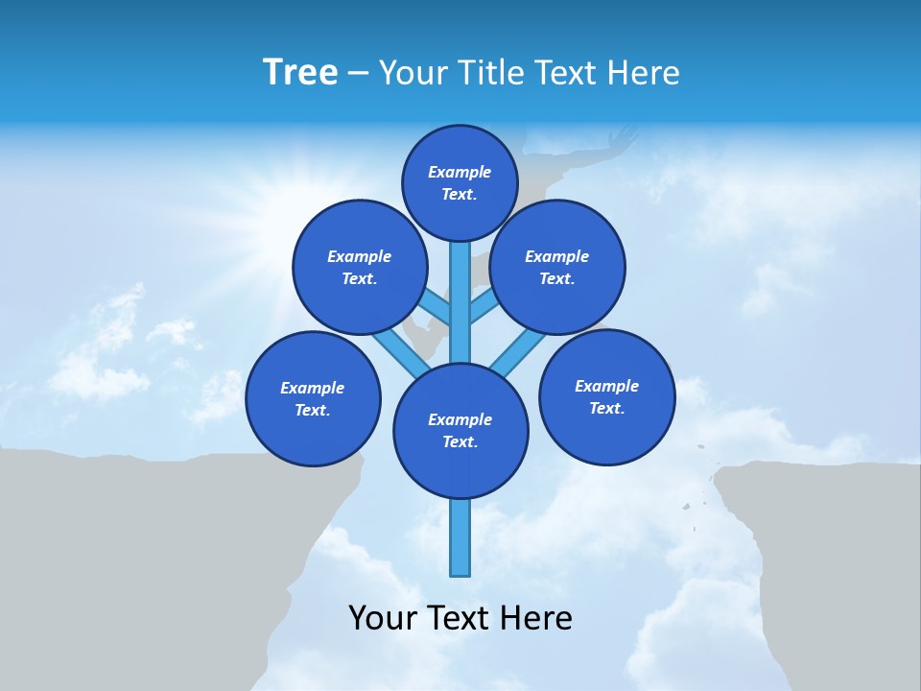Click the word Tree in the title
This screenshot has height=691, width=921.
pos(300,73)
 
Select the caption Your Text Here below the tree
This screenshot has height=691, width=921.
pos(460,618)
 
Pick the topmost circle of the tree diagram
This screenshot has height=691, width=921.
pos(460,182)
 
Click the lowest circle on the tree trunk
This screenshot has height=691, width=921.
pos(460,431)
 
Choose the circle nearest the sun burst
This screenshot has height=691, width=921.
pos(359,267)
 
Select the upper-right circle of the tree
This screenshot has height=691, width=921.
pos(557,267)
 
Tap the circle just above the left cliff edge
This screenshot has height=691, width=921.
pos(313,398)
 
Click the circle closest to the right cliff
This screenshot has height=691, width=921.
pos(606,396)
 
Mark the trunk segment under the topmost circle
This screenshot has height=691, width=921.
pos(460,288)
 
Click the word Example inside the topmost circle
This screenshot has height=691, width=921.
pos(460,173)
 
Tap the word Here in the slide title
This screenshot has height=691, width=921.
pos(645,73)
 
